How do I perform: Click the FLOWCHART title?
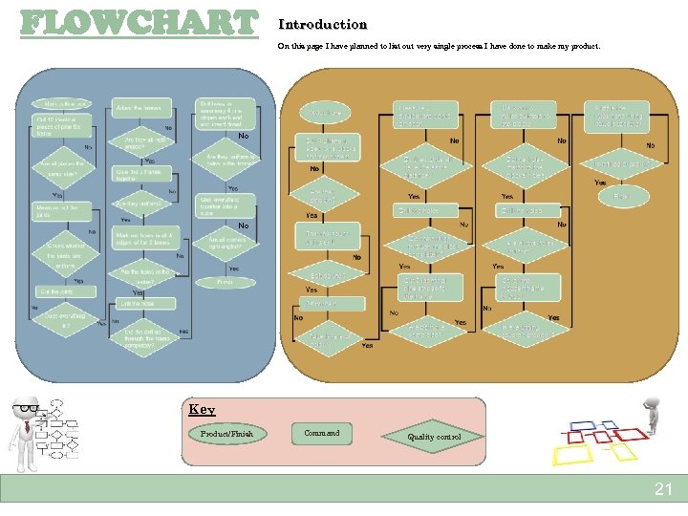(x=140, y=22)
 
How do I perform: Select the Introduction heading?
(x=322, y=24)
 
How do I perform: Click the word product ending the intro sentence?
(x=584, y=45)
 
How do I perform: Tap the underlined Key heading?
(x=202, y=409)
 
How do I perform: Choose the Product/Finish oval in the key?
(x=227, y=434)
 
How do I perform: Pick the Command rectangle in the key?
(x=321, y=434)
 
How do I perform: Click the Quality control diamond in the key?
(x=434, y=437)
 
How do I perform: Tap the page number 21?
(x=663, y=489)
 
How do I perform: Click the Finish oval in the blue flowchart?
(x=225, y=282)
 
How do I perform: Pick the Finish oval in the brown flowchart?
(x=622, y=196)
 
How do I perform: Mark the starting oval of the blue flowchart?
(x=62, y=103)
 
